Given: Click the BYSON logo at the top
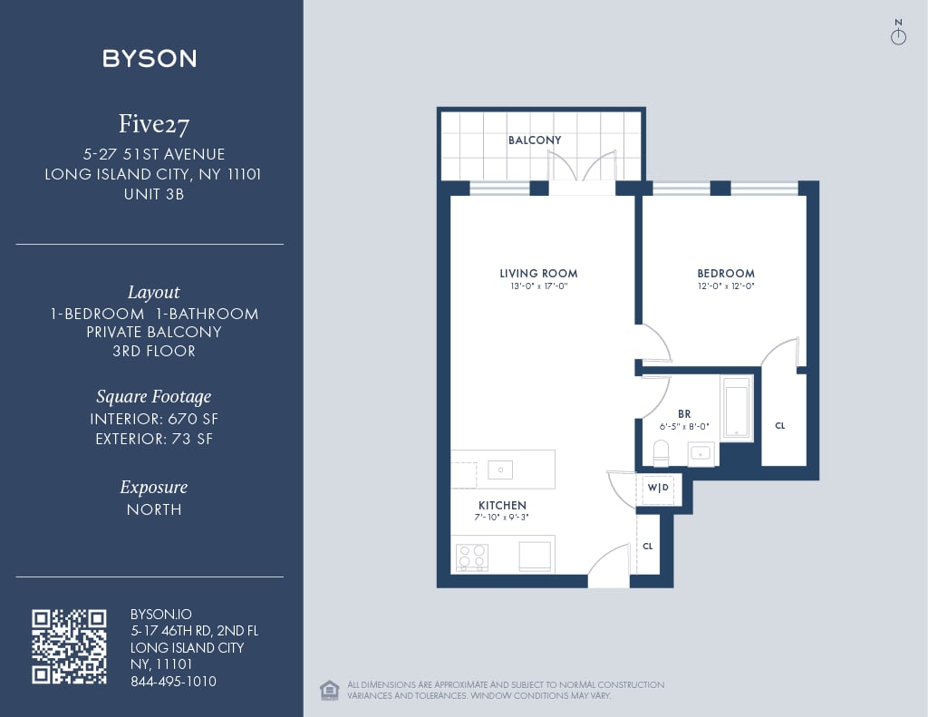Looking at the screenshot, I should [150, 59].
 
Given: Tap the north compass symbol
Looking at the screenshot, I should [898, 34].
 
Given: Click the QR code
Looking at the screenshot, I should [69, 646].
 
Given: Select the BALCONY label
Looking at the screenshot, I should [535, 140].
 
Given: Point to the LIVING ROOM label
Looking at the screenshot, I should [538, 273].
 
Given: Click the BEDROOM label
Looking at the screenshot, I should [725, 273].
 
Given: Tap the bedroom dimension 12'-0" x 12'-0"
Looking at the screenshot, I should [725, 286].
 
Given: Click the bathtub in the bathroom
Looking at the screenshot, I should [736, 408].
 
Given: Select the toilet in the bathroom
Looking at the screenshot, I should [661, 451].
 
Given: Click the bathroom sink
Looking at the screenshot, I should [701, 452].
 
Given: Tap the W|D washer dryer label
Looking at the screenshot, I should [658, 489].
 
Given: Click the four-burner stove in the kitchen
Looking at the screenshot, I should [471, 556].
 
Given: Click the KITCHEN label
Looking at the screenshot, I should [502, 505].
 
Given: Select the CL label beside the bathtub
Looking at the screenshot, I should [779, 425].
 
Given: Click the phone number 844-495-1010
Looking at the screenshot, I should [173, 682].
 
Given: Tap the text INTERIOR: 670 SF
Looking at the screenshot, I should [154, 419].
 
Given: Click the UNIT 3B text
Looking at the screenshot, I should [153, 193].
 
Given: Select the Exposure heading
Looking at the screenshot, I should [153, 487].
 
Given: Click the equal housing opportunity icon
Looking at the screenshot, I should [330, 690].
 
